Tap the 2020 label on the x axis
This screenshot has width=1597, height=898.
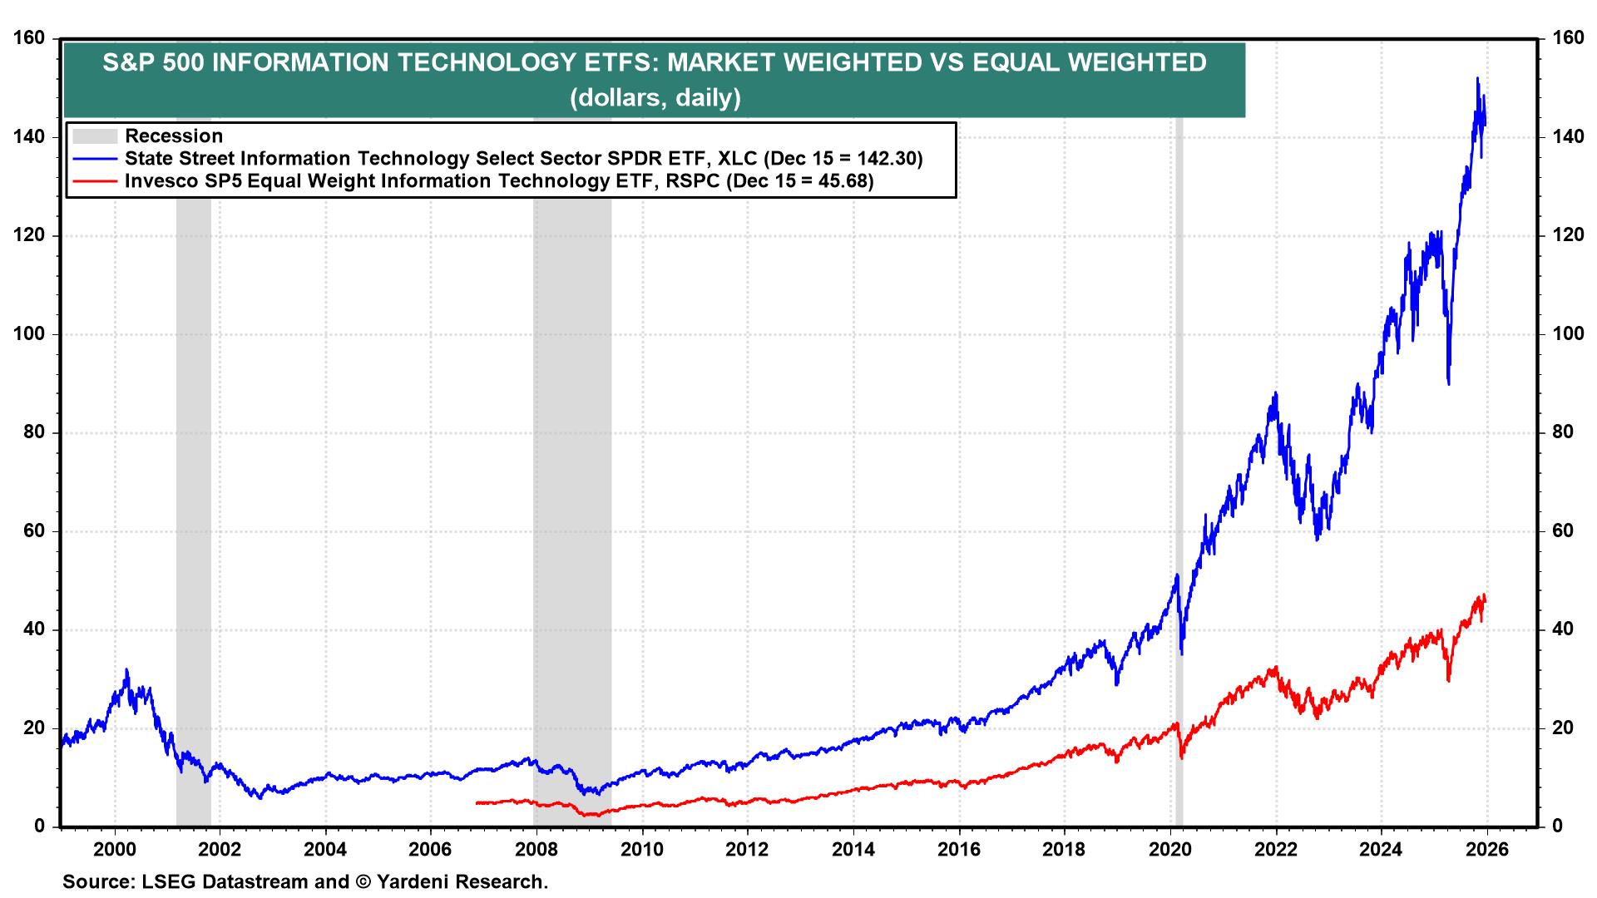1170,850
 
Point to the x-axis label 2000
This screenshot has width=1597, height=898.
115,850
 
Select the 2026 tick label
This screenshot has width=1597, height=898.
1486,850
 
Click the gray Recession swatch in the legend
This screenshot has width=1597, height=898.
94,136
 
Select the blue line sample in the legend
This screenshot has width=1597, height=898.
94,158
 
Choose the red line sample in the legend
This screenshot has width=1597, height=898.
94,180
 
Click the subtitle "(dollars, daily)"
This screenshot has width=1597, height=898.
655,98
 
